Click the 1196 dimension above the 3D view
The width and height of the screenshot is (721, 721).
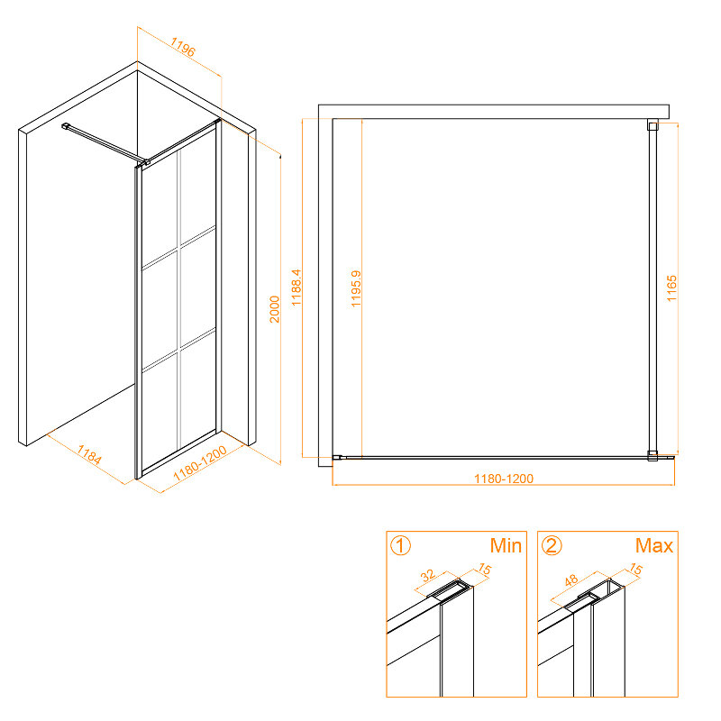click(x=183, y=47)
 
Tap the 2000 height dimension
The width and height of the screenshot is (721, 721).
click(x=275, y=309)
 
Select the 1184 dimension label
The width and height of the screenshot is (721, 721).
click(x=89, y=454)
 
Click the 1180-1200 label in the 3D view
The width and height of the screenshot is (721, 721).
click(x=200, y=463)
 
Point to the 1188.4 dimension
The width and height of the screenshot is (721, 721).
click(x=297, y=287)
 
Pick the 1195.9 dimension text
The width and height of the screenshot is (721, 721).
click(x=356, y=288)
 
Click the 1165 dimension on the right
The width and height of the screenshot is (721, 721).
click(x=671, y=288)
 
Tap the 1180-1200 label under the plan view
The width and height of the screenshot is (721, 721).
click(x=504, y=479)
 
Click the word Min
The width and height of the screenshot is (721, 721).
click(x=506, y=546)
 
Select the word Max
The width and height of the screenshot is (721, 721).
click(x=654, y=546)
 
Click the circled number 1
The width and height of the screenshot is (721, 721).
click(x=400, y=546)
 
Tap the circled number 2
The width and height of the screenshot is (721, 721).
click(x=552, y=546)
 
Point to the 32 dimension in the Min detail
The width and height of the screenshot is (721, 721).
click(x=427, y=576)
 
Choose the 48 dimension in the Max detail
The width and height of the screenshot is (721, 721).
click(x=571, y=580)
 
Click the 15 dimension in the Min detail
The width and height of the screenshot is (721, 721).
click(x=485, y=570)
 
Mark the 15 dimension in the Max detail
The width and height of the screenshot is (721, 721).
click(x=635, y=570)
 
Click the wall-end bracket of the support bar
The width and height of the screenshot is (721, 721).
click(x=65, y=126)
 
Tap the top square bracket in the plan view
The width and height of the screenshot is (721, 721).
click(x=653, y=125)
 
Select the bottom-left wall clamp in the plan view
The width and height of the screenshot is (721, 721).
click(x=337, y=457)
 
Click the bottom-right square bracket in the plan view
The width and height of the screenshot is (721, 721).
click(x=653, y=456)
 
